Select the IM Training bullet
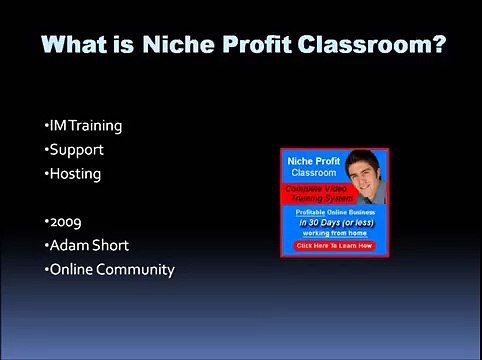click(84, 126)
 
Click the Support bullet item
click(74, 150)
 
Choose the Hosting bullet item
click(73, 174)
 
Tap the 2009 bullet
click(62, 221)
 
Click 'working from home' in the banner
click(333, 233)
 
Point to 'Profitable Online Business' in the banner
click(333, 213)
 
